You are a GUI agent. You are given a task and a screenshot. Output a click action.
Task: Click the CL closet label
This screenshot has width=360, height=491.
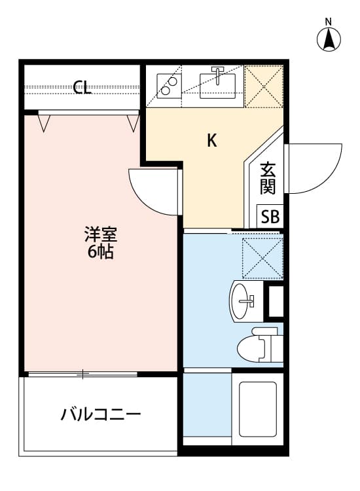click(x=82, y=87)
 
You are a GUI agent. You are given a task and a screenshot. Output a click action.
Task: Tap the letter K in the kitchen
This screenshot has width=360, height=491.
click(x=212, y=140)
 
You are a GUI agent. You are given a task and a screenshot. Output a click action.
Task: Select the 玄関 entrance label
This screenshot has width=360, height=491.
click(x=268, y=179)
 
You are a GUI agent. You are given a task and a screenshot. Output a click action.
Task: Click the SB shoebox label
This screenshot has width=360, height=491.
click(x=270, y=217)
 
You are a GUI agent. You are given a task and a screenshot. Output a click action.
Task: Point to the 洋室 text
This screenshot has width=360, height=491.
click(x=101, y=234)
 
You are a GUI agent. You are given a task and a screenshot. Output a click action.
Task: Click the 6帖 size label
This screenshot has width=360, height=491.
click(x=101, y=251)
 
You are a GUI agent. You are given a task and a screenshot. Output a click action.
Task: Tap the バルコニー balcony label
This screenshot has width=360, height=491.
click(x=101, y=414)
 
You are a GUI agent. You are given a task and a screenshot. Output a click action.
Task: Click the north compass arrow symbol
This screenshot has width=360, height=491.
click(x=329, y=39)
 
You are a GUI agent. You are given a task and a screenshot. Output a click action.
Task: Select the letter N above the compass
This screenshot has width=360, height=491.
click(x=328, y=22)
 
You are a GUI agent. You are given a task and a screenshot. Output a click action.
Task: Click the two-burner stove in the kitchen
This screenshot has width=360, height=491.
click(x=169, y=86)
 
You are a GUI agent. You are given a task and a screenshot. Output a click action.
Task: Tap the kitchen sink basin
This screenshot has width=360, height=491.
click(x=217, y=86)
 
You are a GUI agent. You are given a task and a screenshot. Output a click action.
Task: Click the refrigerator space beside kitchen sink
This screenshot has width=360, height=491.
click(x=264, y=86)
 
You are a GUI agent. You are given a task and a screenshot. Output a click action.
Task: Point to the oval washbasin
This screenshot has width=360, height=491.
click(x=242, y=301)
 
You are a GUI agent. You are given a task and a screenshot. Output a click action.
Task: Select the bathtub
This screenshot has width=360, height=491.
click(x=258, y=409)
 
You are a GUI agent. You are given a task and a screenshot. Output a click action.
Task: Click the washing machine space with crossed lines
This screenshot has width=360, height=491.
click(x=262, y=259)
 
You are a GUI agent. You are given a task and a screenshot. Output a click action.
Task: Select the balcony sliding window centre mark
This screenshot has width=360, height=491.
click(x=82, y=374)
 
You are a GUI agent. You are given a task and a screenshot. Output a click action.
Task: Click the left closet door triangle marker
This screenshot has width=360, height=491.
click(x=44, y=123)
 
